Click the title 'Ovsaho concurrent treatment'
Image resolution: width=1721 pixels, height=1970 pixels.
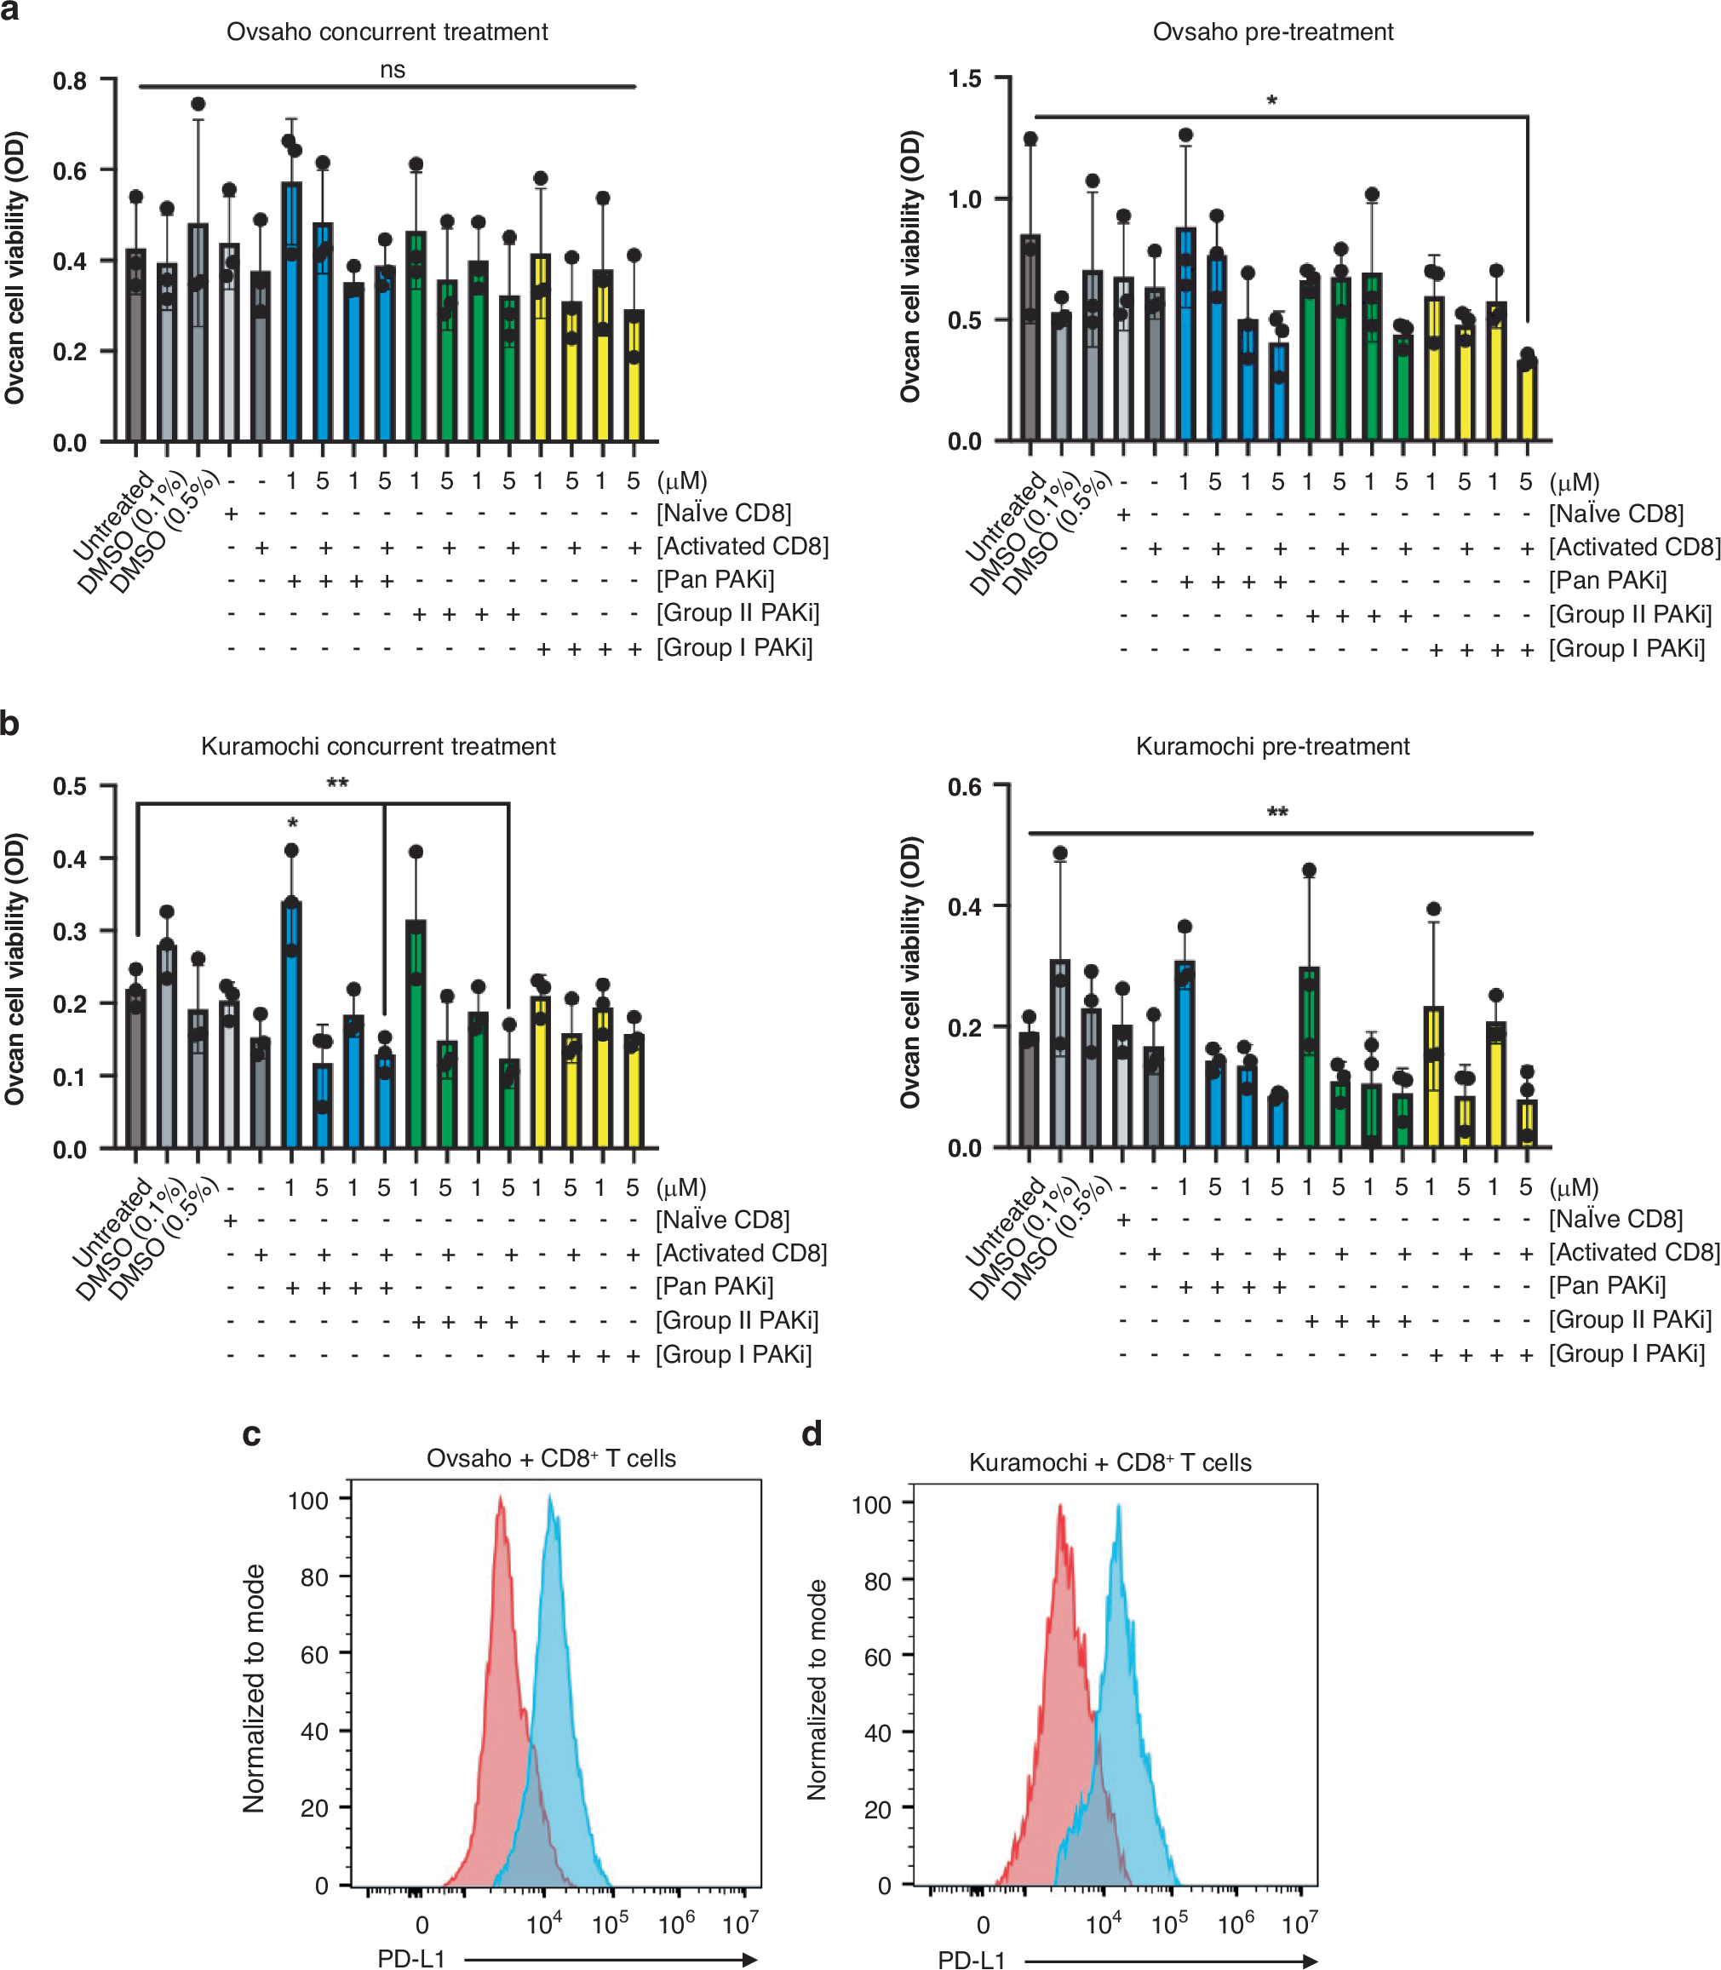pos(387,32)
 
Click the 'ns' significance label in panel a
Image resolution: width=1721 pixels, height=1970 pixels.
pos(392,69)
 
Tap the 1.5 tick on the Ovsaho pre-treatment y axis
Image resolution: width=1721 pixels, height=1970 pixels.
pos(964,78)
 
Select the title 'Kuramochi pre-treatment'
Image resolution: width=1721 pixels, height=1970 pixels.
pos(1272,746)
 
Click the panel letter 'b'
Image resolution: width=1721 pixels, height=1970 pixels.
pos(10,723)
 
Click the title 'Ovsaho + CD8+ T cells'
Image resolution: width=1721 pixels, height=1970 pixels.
pos(551,1458)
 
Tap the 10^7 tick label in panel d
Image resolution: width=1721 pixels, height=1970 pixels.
pos(1299,1925)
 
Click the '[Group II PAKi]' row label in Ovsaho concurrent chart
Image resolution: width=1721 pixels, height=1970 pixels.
pos(737,612)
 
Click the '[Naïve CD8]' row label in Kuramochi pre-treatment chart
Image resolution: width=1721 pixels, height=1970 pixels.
pos(1615,1219)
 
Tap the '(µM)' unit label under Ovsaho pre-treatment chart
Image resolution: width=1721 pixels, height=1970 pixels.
pos(1574,481)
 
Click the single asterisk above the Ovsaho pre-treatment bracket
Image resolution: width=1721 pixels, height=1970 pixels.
pos(1271,101)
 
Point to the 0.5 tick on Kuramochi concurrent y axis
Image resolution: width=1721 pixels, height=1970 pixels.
pos(69,787)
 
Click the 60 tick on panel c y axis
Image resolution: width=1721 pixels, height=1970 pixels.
pos(314,1654)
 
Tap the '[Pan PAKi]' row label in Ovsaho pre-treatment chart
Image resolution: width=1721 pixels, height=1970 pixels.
pos(1608,580)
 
